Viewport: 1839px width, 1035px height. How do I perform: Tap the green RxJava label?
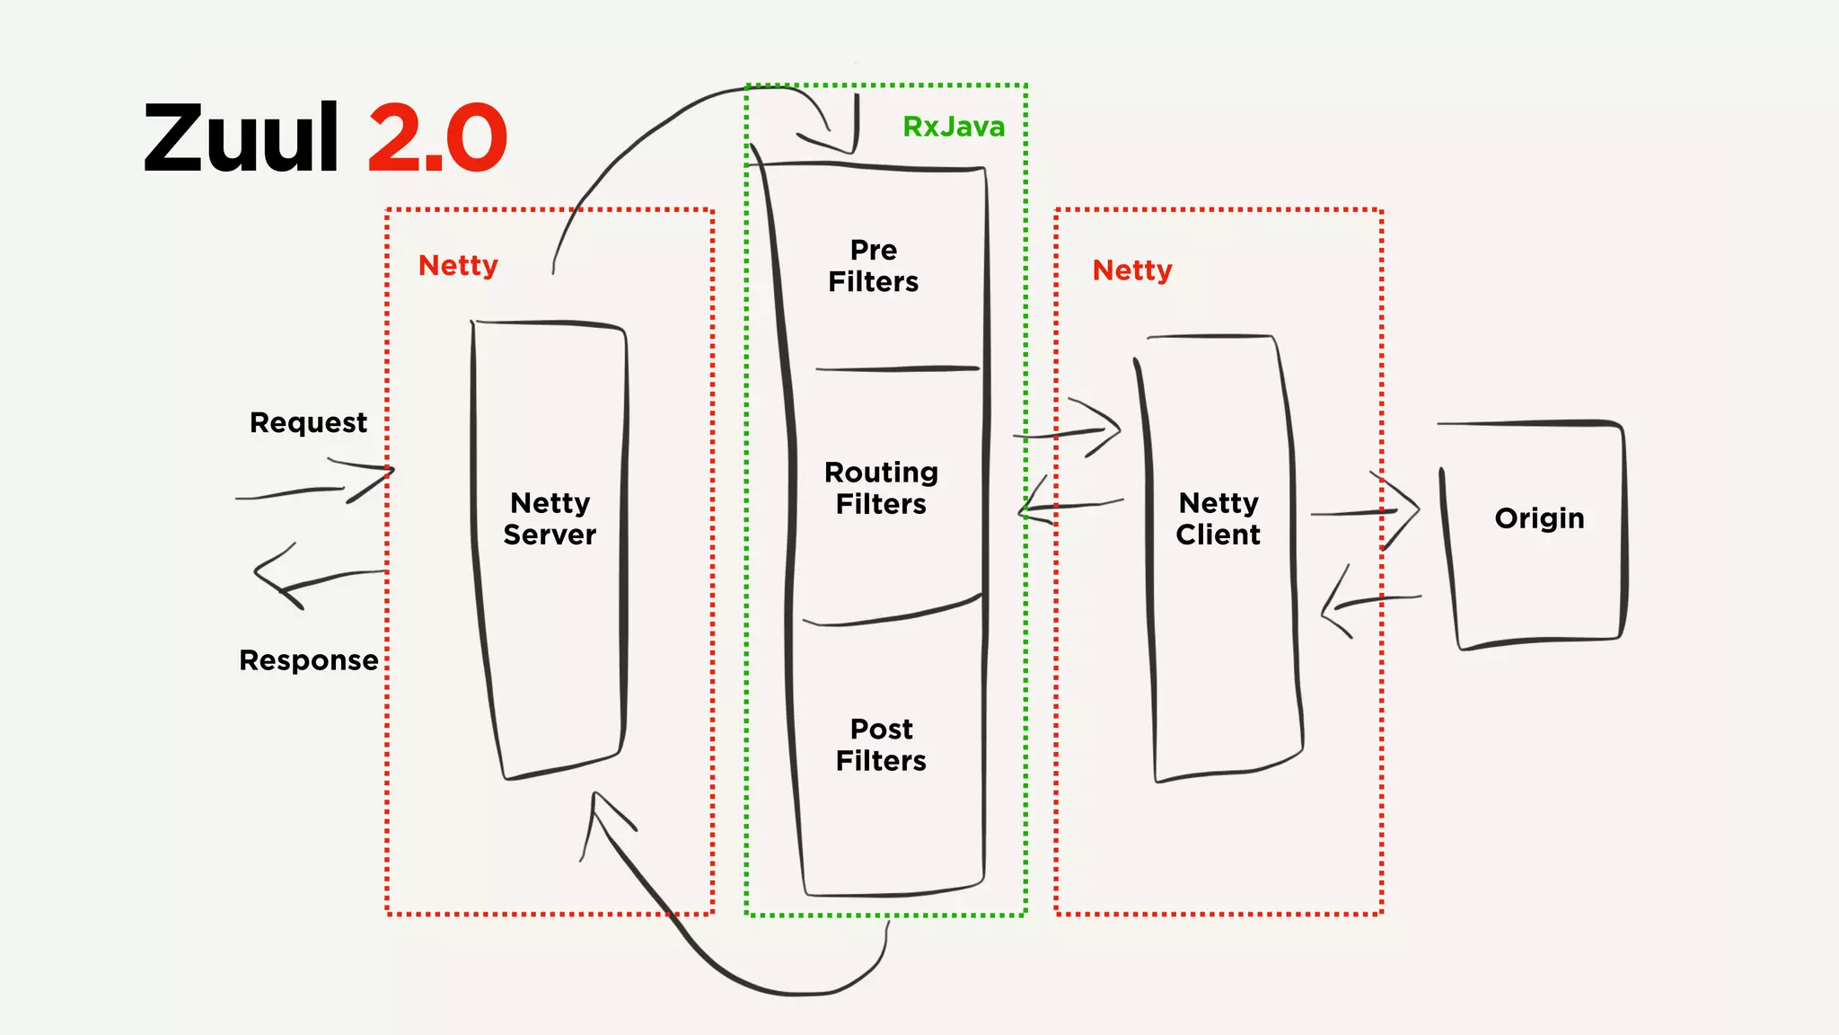[x=953, y=127]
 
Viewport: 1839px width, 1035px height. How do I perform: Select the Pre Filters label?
[x=873, y=266]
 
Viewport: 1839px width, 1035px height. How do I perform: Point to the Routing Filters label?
[x=881, y=488]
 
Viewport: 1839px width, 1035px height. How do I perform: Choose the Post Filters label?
[x=881, y=745]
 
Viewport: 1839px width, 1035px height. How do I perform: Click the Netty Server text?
[x=550, y=518]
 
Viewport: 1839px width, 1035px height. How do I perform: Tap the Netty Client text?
[x=1218, y=518]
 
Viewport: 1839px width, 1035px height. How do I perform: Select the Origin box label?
[x=1539, y=518]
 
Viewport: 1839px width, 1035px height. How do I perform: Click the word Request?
[x=308, y=422]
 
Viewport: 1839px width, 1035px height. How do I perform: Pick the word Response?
[x=308, y=660]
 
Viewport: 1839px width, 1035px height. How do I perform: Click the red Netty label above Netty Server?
[x=458, y=266]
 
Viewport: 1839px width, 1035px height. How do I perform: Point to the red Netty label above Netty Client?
[x=1131, y=270]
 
